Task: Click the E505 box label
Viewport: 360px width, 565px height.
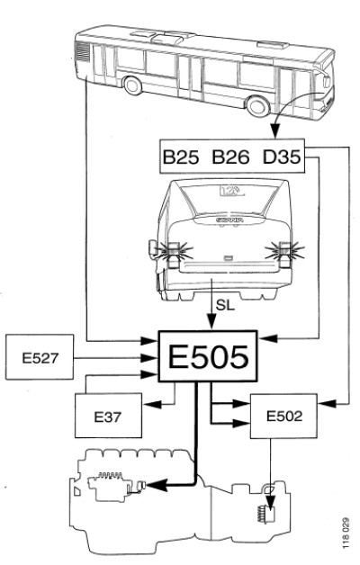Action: [208, 356]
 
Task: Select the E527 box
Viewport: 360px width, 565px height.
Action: [40, 357]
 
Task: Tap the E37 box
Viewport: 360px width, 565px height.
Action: [108, 416]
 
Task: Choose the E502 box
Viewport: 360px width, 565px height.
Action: [283, 416]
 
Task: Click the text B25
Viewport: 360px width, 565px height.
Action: [181, 157]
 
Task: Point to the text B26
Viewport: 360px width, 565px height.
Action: [230, 157]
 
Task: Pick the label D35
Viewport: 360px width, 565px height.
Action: [282, 157]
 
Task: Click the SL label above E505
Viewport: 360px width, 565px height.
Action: [225, 305]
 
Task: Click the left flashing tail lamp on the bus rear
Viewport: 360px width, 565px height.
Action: [174, 251]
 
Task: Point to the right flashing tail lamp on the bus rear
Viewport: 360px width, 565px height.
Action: [284, 251]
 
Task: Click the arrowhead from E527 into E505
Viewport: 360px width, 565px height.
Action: [148, 358]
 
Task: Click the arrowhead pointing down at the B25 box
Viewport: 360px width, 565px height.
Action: [275, 130]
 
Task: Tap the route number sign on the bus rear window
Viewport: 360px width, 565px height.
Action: [231, 190]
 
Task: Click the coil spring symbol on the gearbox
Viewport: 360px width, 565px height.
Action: [261, 514]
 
